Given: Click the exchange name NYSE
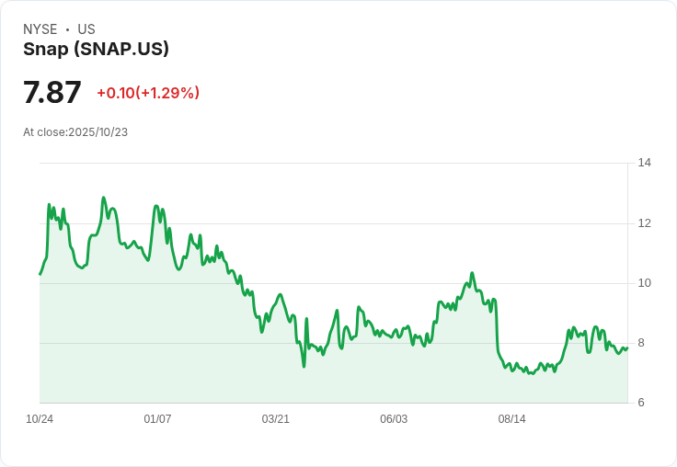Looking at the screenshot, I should (x=40, y=29).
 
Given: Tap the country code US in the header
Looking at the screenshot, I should (x=86, y=29).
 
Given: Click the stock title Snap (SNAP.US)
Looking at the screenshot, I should (x=96, y=50).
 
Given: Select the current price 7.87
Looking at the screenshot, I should (x=52, y=93).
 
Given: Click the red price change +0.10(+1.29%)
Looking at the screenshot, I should (x=148, y=93).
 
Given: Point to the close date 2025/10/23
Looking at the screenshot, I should (x=98, y=132).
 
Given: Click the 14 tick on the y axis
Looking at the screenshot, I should (x=644, y=163).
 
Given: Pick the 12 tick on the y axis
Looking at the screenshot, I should (x=644, y=223).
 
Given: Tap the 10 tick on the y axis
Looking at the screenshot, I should (x=644, y=283).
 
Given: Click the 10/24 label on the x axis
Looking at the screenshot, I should (x=40, y=419).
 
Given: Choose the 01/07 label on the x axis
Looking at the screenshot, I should (x=157, y=419).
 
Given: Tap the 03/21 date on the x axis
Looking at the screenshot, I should (x=276, y=419).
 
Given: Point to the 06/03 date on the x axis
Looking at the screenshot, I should (x=394, y=419).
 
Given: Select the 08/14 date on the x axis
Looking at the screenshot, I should (x=511, y=419).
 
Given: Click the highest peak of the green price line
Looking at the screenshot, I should (x=104, y=198).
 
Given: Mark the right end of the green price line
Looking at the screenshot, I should (x=627, y=347).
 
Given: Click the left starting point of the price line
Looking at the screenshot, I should (x=40, y=274).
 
